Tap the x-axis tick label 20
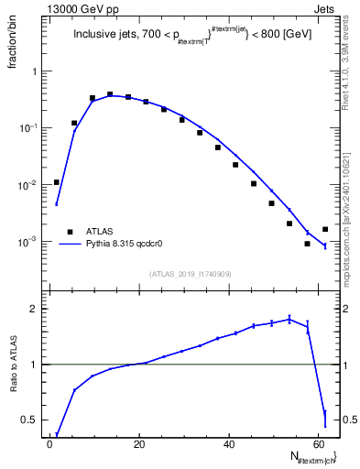pyautogui.click(x=139, y=445)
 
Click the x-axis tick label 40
pyautogui.click(x=229, y=445)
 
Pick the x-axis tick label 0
pyautogui.click(x=50, y=445)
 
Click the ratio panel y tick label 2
pyautogui.click(x=34, y=309)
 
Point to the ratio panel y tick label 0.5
pyautogui.click(x=29, y=420)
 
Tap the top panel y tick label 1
pyautogui.click(x=34, y=71)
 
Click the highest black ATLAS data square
pyautogui.click(x=110, y=93)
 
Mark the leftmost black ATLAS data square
pyautogui.click(x=57, y=182)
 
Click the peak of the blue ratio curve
pyautogui.click(x=289, y=319)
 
